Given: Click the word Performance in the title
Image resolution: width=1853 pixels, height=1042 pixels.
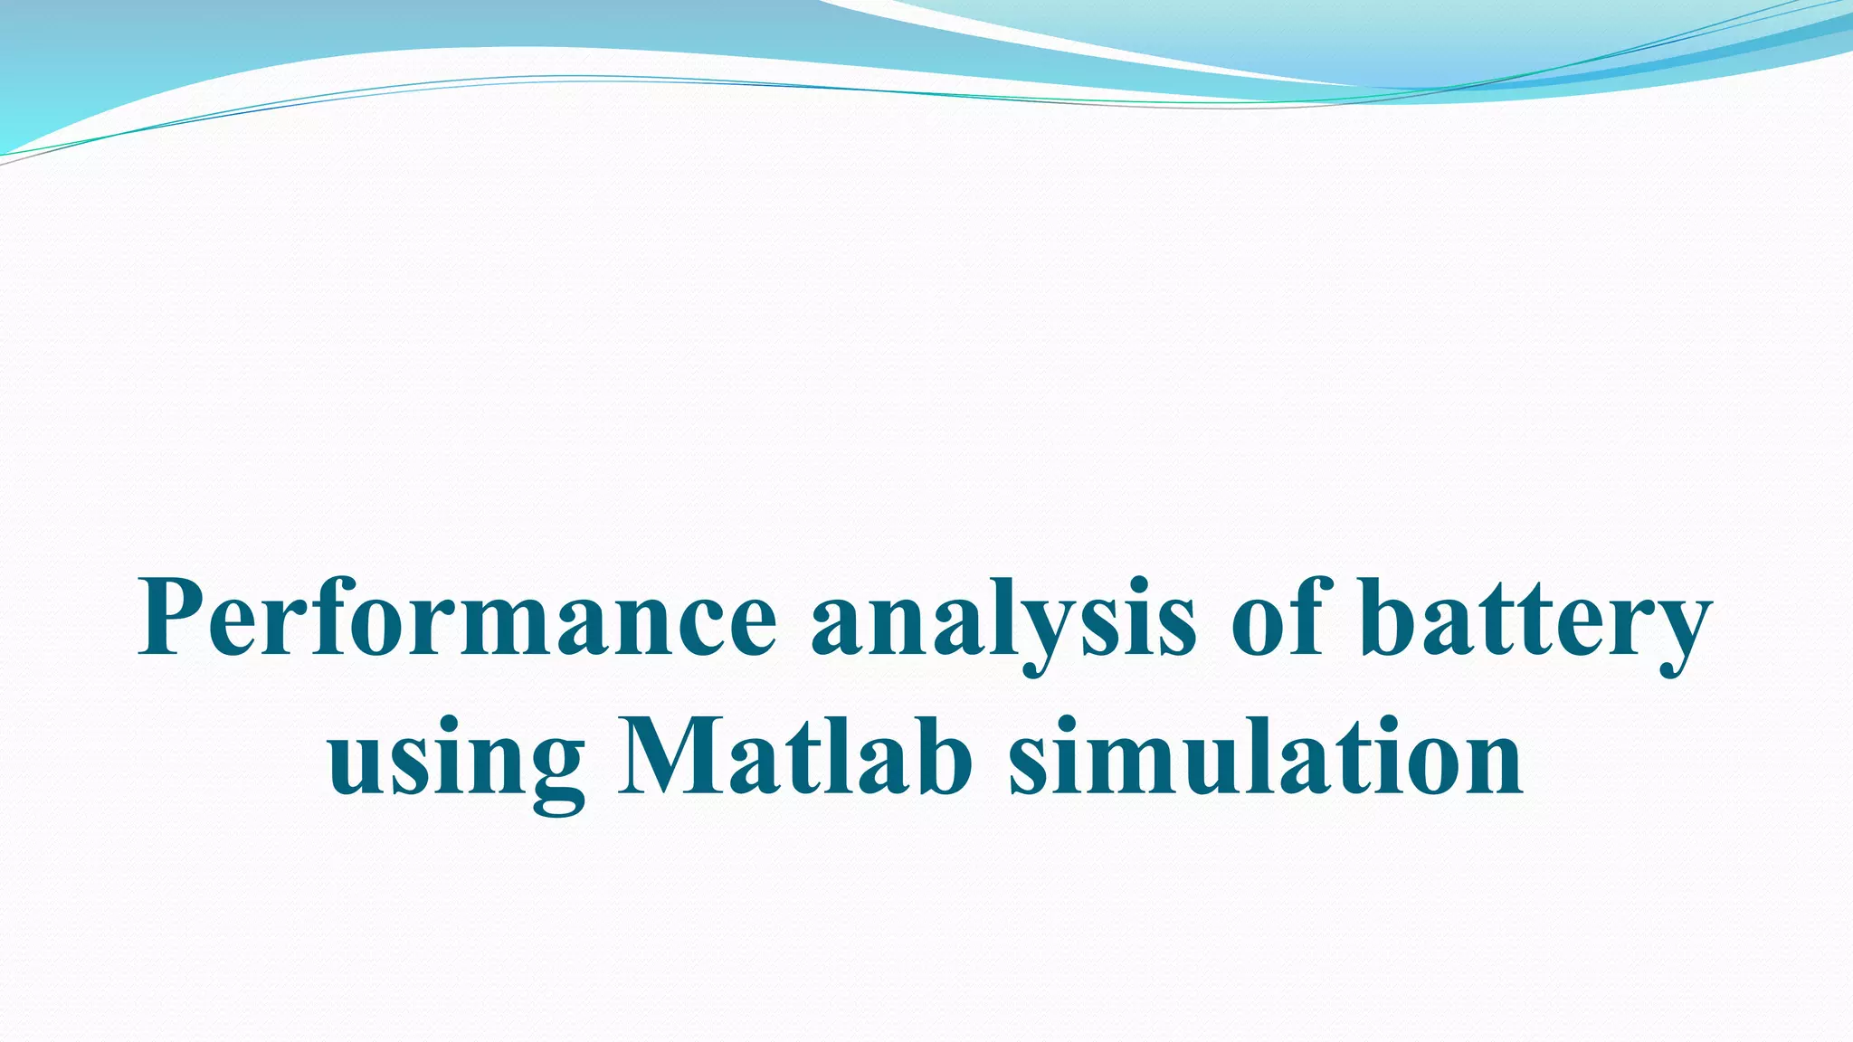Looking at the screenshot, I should click(x=457, y=620).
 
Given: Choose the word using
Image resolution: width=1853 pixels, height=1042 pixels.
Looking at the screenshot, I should click(x=456, y=760).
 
